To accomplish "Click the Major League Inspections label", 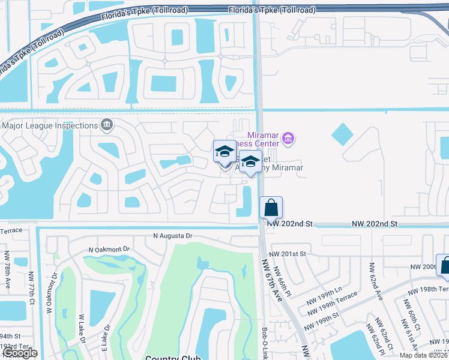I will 50,125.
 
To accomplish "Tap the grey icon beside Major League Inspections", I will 107,125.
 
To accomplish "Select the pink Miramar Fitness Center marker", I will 288,139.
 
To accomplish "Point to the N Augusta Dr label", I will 172,236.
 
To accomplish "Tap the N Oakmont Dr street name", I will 109,249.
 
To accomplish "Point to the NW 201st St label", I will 288,254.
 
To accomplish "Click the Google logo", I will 19,353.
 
